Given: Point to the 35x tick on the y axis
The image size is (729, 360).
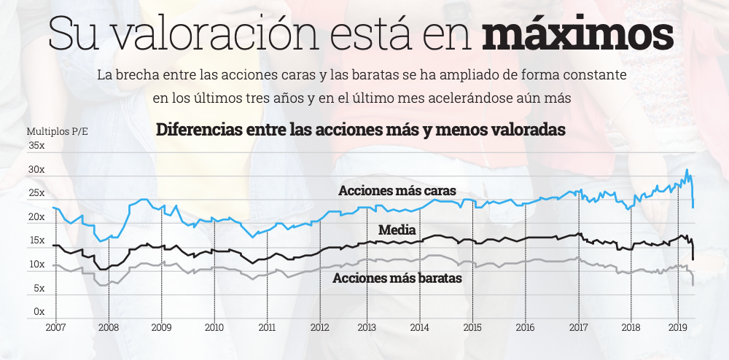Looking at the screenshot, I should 36,146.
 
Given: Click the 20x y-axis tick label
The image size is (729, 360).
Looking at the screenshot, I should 36,217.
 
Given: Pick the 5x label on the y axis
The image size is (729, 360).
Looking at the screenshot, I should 39,289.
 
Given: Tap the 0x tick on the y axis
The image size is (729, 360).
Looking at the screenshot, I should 39,312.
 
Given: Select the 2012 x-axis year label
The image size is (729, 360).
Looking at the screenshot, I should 320,327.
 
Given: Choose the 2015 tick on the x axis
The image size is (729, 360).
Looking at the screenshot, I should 472,327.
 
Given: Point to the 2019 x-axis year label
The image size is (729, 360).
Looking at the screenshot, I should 679,327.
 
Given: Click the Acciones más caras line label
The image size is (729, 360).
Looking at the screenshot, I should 397,190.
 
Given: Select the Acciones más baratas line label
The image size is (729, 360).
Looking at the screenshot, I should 397,278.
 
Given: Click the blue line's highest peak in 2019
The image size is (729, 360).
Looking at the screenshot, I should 686,170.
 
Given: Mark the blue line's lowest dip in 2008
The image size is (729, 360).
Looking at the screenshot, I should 101,240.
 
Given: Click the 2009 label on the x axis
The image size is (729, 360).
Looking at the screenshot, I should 161,327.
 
